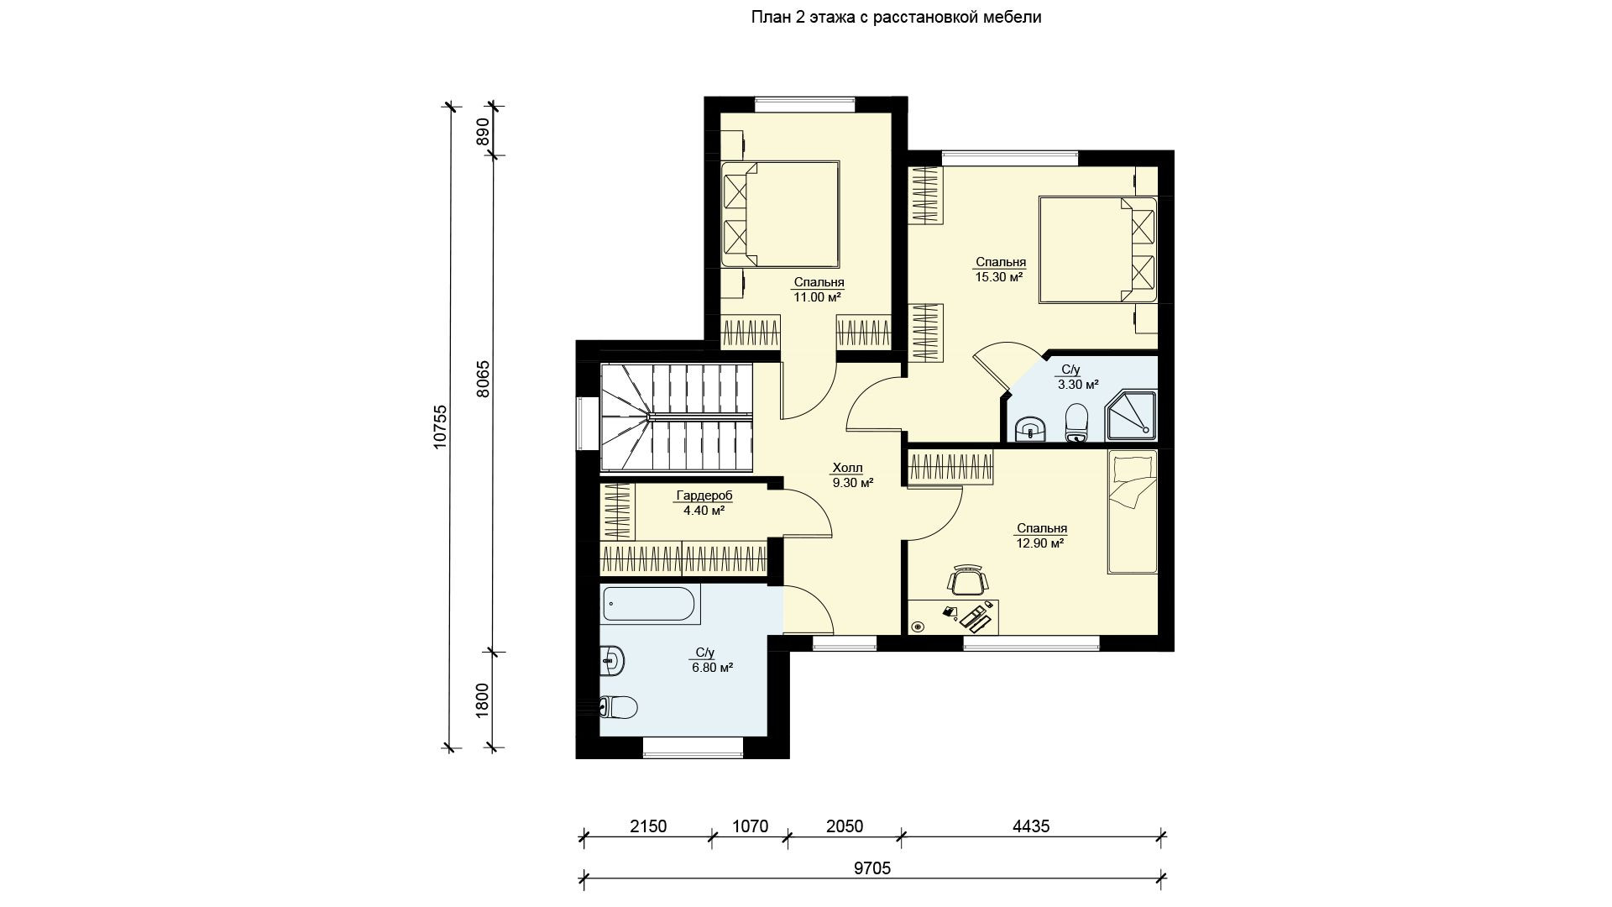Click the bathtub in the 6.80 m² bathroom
[652, 606]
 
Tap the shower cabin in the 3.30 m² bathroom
[1131, 416]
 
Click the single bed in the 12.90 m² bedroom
[1132, 512]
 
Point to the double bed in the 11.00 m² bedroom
[781, 214]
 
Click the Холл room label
[847, 468]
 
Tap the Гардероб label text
[704, 495]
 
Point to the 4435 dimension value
[1031, 826]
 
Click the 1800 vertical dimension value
[482, 700]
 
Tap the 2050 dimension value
[844, 826]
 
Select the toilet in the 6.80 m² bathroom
[619, 707]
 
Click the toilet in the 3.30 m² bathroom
[1076, 423]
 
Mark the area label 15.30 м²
[998, 276]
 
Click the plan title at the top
[896, 17]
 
